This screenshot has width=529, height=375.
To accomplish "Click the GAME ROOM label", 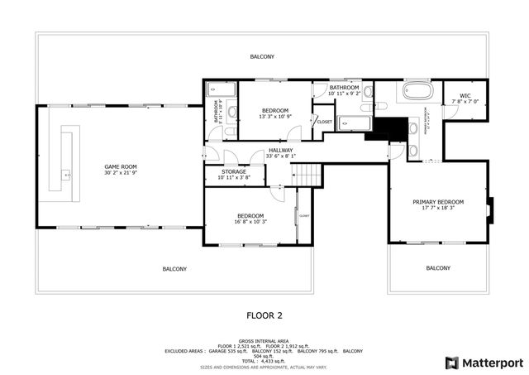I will (x=120, y=166).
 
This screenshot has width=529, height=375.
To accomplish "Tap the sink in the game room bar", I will (x=65, y=175).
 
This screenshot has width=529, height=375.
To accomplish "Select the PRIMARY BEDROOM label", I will (x=438, y=202).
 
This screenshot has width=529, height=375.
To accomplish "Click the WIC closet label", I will (x=465, y=95).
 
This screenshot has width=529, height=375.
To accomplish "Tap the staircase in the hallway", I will (x=308, y=175).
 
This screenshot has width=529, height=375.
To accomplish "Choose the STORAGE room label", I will (x=233, y=171).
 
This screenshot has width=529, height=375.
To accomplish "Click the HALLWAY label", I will (x=280, y=151).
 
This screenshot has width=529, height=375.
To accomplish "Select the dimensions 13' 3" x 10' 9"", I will (x=274, y=118).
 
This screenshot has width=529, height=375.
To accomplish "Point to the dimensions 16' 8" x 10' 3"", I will (x=250, y=222).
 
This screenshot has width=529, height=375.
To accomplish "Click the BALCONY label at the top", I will (x=263, y=56).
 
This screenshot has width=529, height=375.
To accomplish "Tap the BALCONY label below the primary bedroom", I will (x=438, y=267).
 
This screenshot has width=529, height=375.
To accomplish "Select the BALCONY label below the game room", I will (x=174, y=268).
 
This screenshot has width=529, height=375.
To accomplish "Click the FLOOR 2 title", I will (x=264, y=315).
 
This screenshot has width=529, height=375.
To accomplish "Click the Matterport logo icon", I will (x=451, y=363).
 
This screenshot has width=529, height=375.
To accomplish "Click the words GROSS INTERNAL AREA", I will (x=263, y=340).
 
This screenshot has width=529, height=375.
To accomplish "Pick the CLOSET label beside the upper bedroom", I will (x=324, y=122).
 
